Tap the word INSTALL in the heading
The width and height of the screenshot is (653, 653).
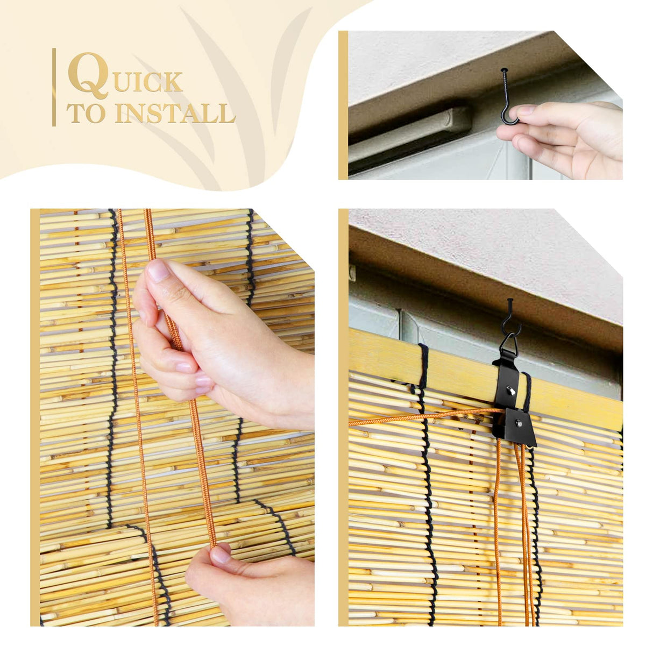point(175,114)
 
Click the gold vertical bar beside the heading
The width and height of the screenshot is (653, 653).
point(54,87)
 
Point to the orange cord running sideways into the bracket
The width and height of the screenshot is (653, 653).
point(420,418)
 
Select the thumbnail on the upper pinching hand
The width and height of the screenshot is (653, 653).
point(159,270)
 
